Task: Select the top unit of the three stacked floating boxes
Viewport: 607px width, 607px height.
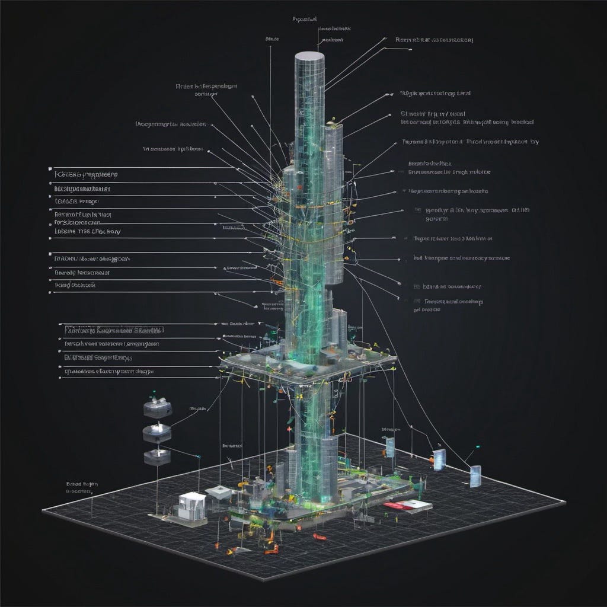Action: pyautogui.click(x=158, y=409)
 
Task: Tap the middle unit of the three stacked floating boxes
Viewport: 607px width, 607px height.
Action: pyautogui.click(x=157, y=433)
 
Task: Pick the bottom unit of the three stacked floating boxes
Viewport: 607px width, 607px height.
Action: pyautogui.click(x=157, y=456)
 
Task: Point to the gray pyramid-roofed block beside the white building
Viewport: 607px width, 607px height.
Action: pyautogui.click(x=218, y=491)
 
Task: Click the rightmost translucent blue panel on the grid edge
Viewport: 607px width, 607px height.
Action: pyautogui.click(x=475, y=476)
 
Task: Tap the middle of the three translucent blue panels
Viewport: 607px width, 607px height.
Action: pyautogui.click(x=439, y=459)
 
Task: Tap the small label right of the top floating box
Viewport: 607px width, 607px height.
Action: pyautogui.click(x=197, y=409)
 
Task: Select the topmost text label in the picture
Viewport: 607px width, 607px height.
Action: pyautogui.click(x=305, y=19)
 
